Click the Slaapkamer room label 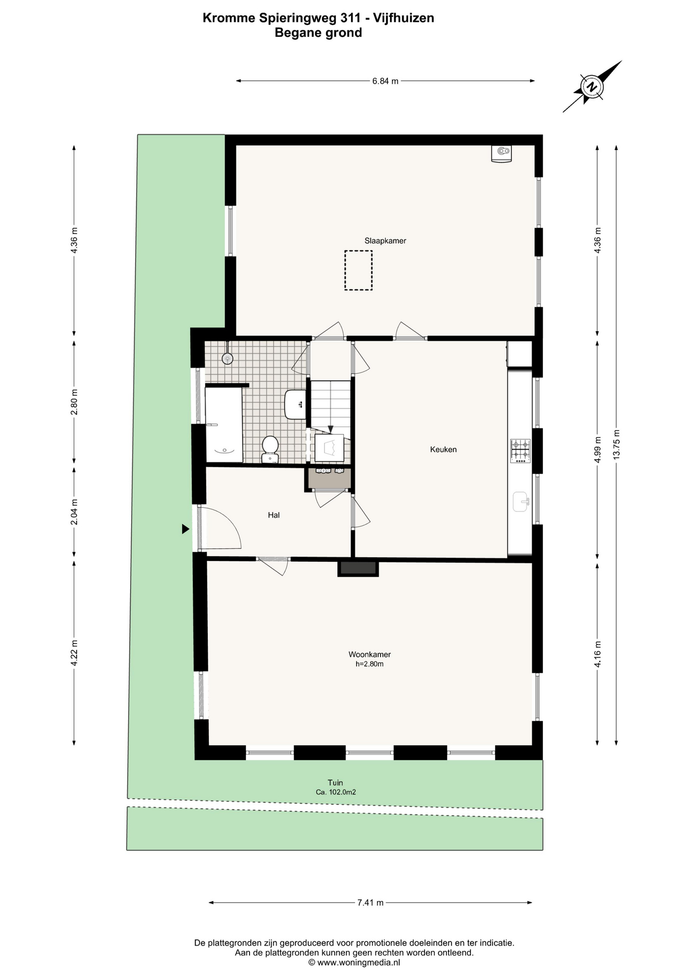pyautogui.click(x=385, y=241)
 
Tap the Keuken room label pyautogui.click(x=443, y=450)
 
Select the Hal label pyautogui.click(x=274, y=516)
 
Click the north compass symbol pyautogui.click(x=592, y=86)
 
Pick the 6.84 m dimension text pyautogui.click(x=385, y=81)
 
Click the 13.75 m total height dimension pyautogui.click(x=616, y=444)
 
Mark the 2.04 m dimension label pyautogui.click(x=75, y=512)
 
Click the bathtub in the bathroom pyautogui.click(x=224, y=425)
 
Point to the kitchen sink pyautogui.click(x=521, y=501)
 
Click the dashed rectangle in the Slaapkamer pyautogui.click(x=358, y=271)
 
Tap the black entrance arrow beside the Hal pyautogui.click(x=186, y=529)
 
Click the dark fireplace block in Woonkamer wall pyautogui.click(x=358, y=568)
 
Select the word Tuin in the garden pyautogui.click(x=335, y=783)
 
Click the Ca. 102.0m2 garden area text pyautogui.click(x=336, y=793)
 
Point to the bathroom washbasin pyautogui.click(x=295, y=404)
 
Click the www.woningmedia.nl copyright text pyautogui.click(x=354, y=963)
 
